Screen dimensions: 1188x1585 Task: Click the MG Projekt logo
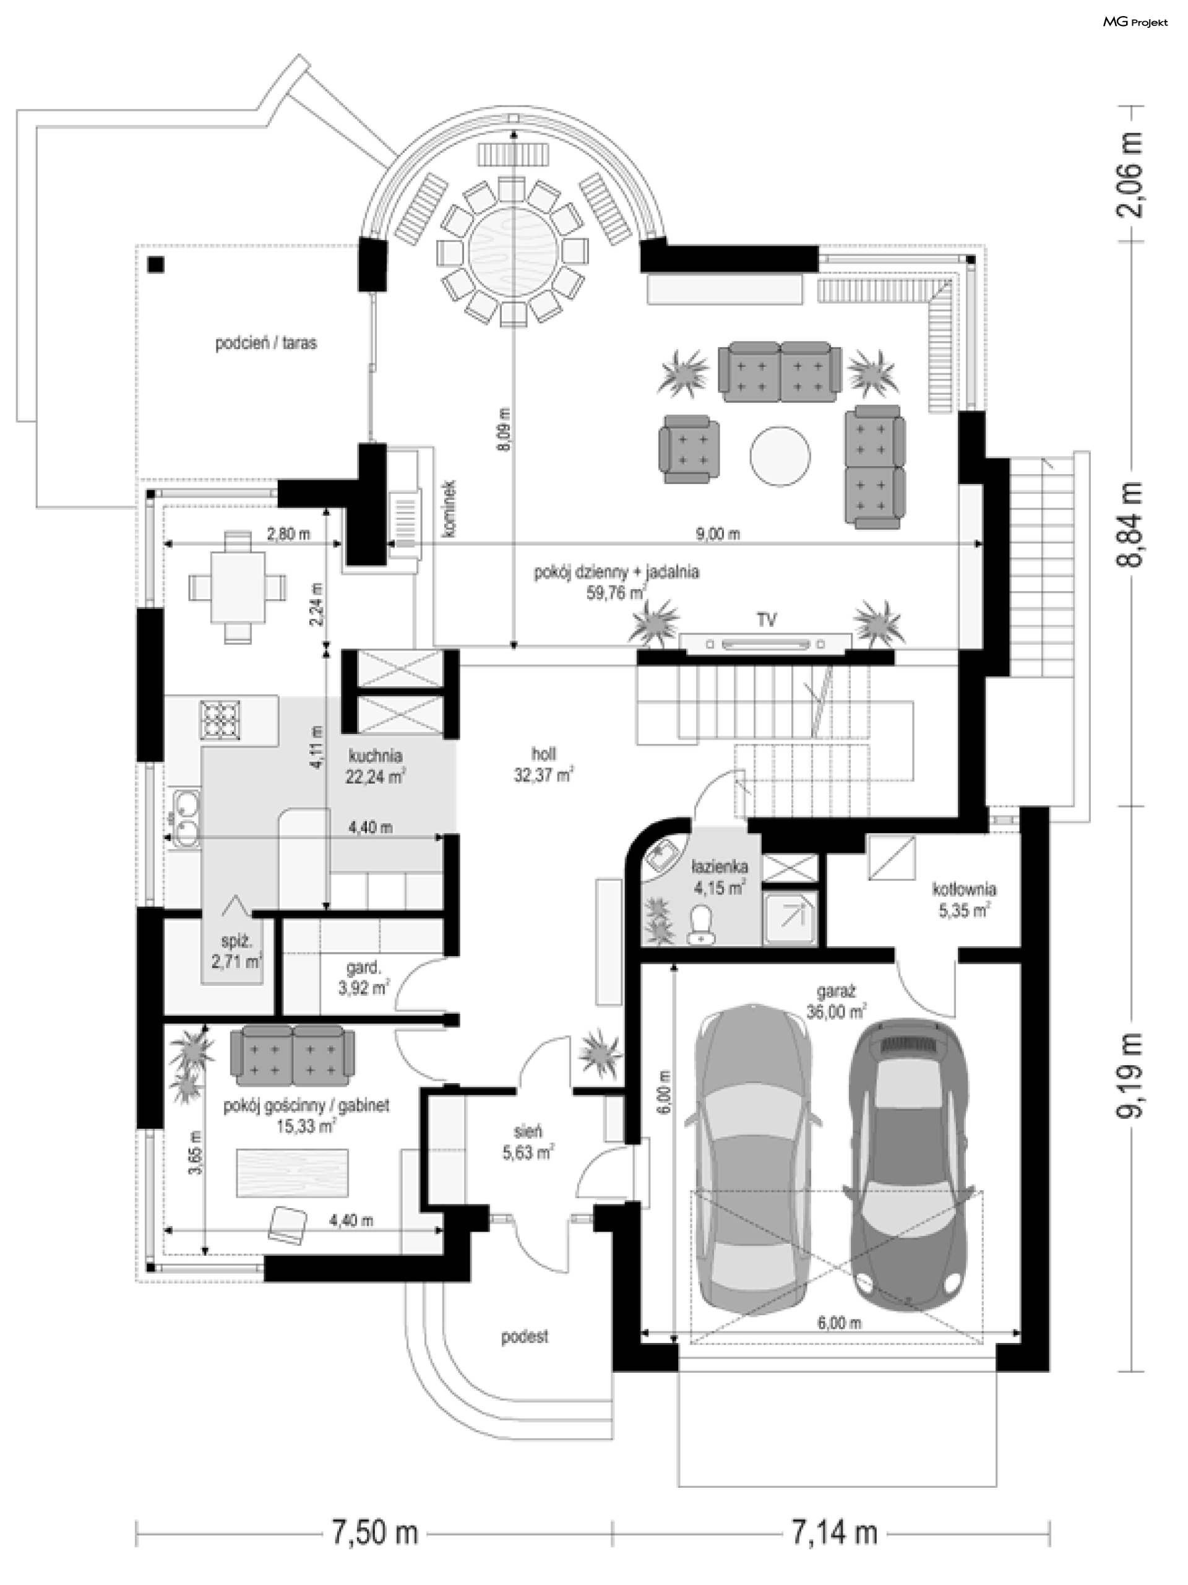point(1135,22)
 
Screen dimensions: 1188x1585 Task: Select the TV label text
point(766,620)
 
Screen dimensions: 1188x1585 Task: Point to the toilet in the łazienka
point(700,925)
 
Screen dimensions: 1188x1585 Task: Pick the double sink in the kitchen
point(185,818)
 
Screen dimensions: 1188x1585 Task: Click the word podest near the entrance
point(525,1336)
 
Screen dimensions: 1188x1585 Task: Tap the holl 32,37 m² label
point(543,764)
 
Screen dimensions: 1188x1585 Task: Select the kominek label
point(449,508)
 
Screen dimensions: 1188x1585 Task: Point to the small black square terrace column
point(156,265)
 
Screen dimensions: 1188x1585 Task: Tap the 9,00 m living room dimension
point(717,534)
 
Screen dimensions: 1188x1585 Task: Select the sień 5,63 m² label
point(527,1142)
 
